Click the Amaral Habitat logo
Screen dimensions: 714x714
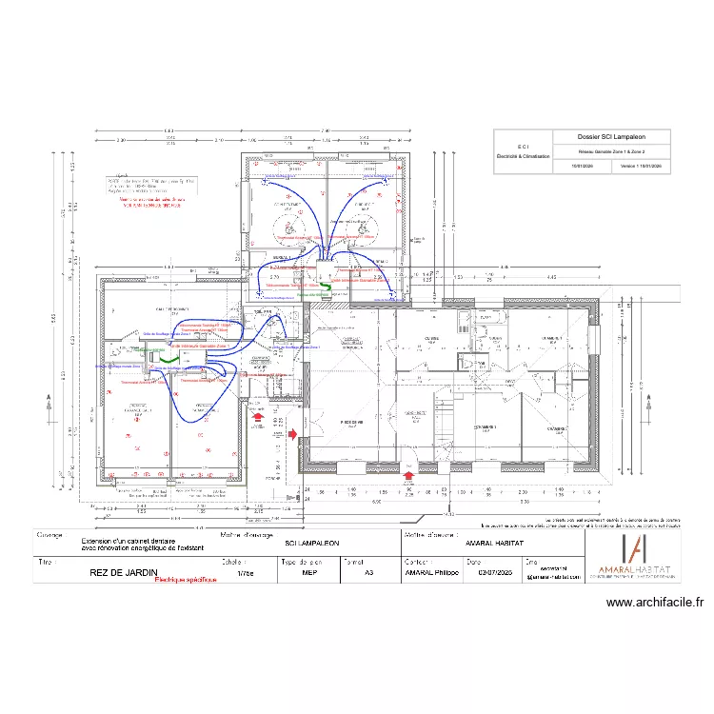pos(633,553)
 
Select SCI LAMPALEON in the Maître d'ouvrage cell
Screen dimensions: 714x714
pos(311,542)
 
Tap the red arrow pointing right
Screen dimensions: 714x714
pos(293,434)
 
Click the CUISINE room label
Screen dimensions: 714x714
pos(431,338)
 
